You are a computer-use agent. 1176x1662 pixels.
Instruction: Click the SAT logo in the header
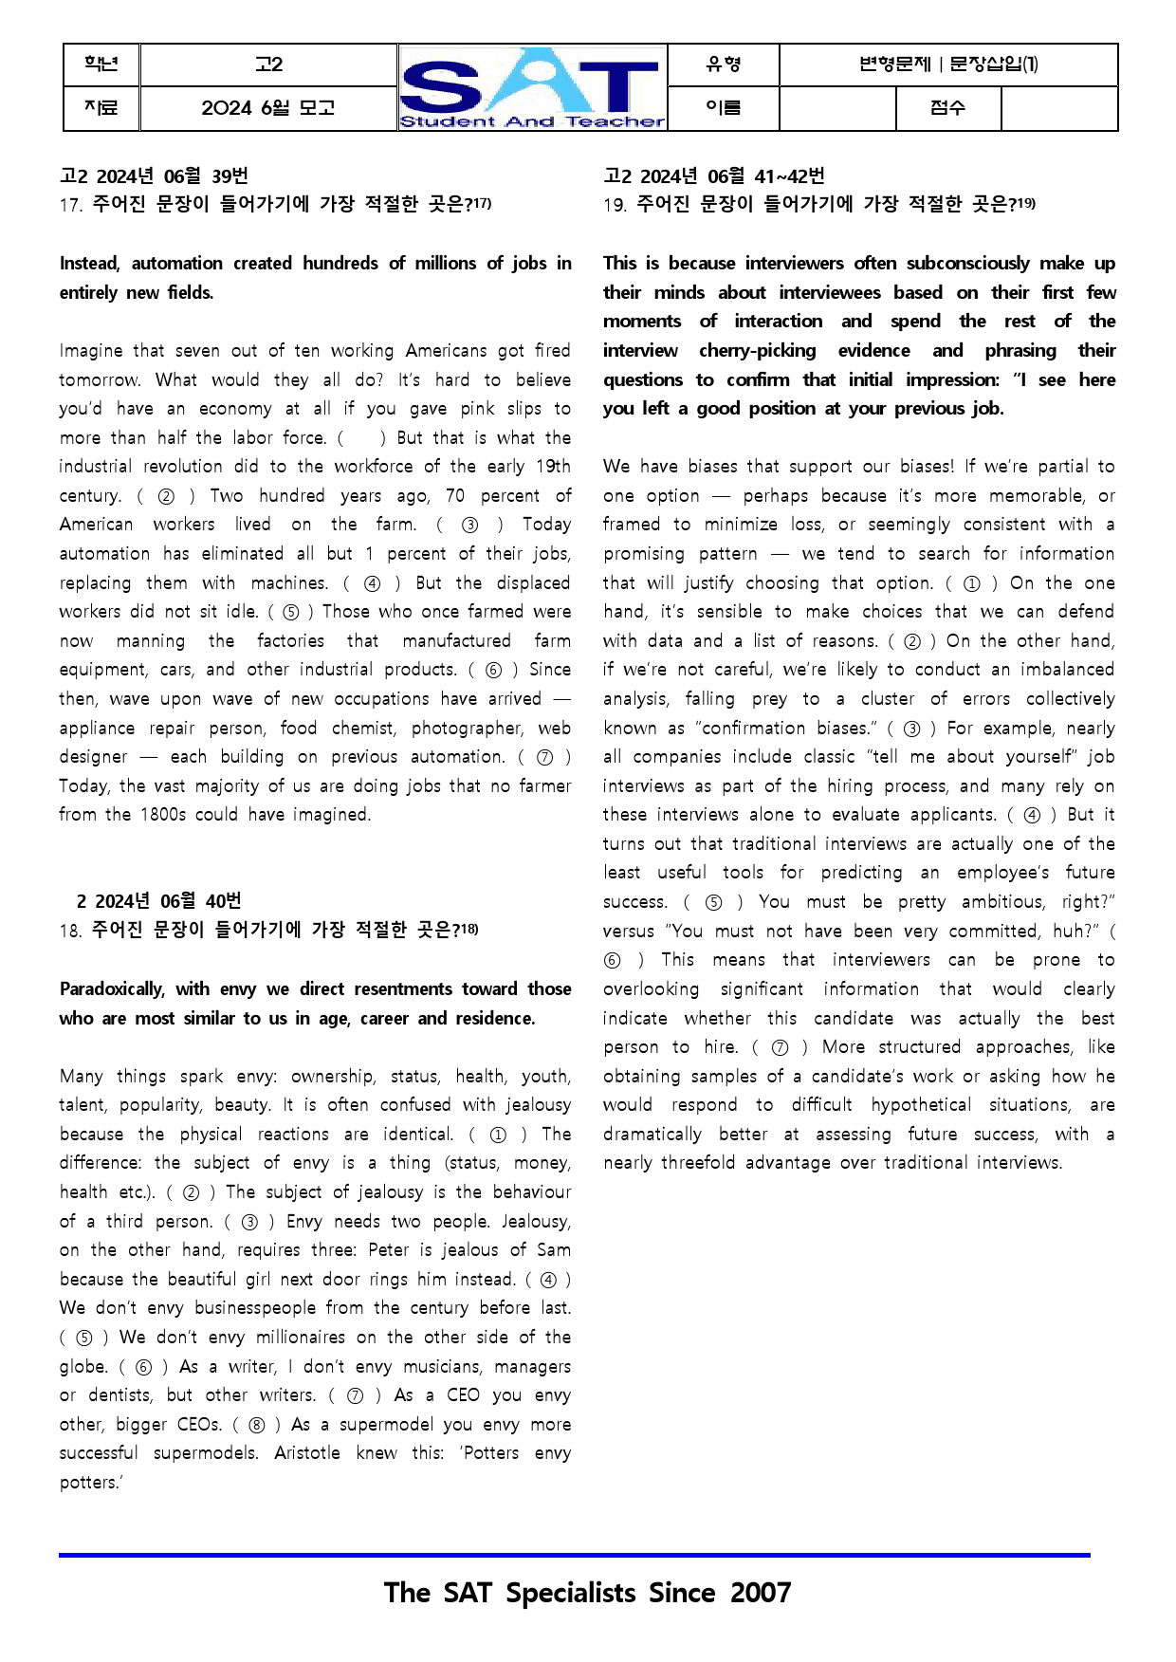(532, 87)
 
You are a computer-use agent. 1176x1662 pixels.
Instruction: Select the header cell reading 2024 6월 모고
(267, 108)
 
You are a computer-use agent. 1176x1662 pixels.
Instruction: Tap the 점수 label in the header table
(947, 108)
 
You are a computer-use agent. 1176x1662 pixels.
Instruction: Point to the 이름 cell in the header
(723, 108)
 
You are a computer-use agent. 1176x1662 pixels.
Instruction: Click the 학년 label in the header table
(101, 65)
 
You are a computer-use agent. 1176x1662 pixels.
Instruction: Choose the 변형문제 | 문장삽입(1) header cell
(947, 65)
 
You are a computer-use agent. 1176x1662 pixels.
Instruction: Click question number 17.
(70, 205)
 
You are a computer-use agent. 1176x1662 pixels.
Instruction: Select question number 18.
(70, 931)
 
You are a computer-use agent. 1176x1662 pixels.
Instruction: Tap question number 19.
(614, 205)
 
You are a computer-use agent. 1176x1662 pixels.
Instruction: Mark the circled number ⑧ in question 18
(257, 1425)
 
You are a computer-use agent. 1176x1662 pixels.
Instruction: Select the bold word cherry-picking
(757, 351)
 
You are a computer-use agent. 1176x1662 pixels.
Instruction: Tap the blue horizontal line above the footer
(574, 1555)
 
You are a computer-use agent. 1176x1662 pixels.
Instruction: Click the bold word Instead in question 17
(89, 264)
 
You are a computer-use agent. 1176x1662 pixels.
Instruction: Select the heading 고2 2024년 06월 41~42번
(713, 176)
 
